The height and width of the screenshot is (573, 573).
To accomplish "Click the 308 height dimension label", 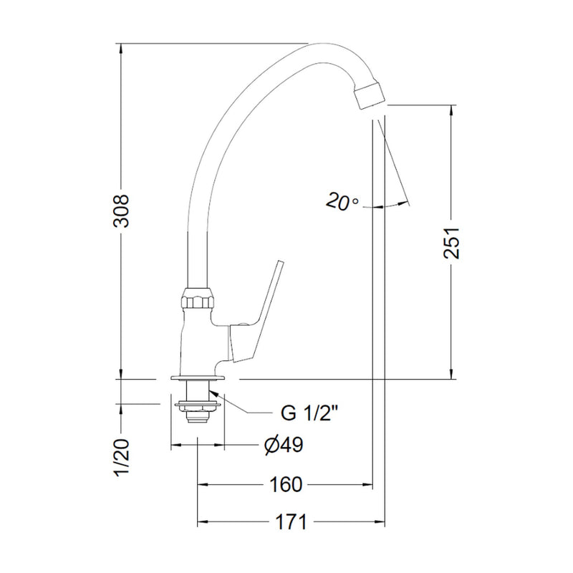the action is (121, 211).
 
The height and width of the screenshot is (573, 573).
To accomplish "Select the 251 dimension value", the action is (452, 243).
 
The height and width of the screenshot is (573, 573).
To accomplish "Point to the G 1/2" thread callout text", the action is (312, 413).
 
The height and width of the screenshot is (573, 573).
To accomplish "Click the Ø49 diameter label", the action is (284, 445).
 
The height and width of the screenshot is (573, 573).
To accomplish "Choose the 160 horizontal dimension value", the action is (286, 485).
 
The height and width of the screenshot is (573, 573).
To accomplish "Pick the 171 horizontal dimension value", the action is (291, 522).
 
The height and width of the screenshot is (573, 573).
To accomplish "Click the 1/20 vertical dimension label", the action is (121, 457).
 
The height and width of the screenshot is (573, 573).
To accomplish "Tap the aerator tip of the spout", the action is (370, 95).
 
